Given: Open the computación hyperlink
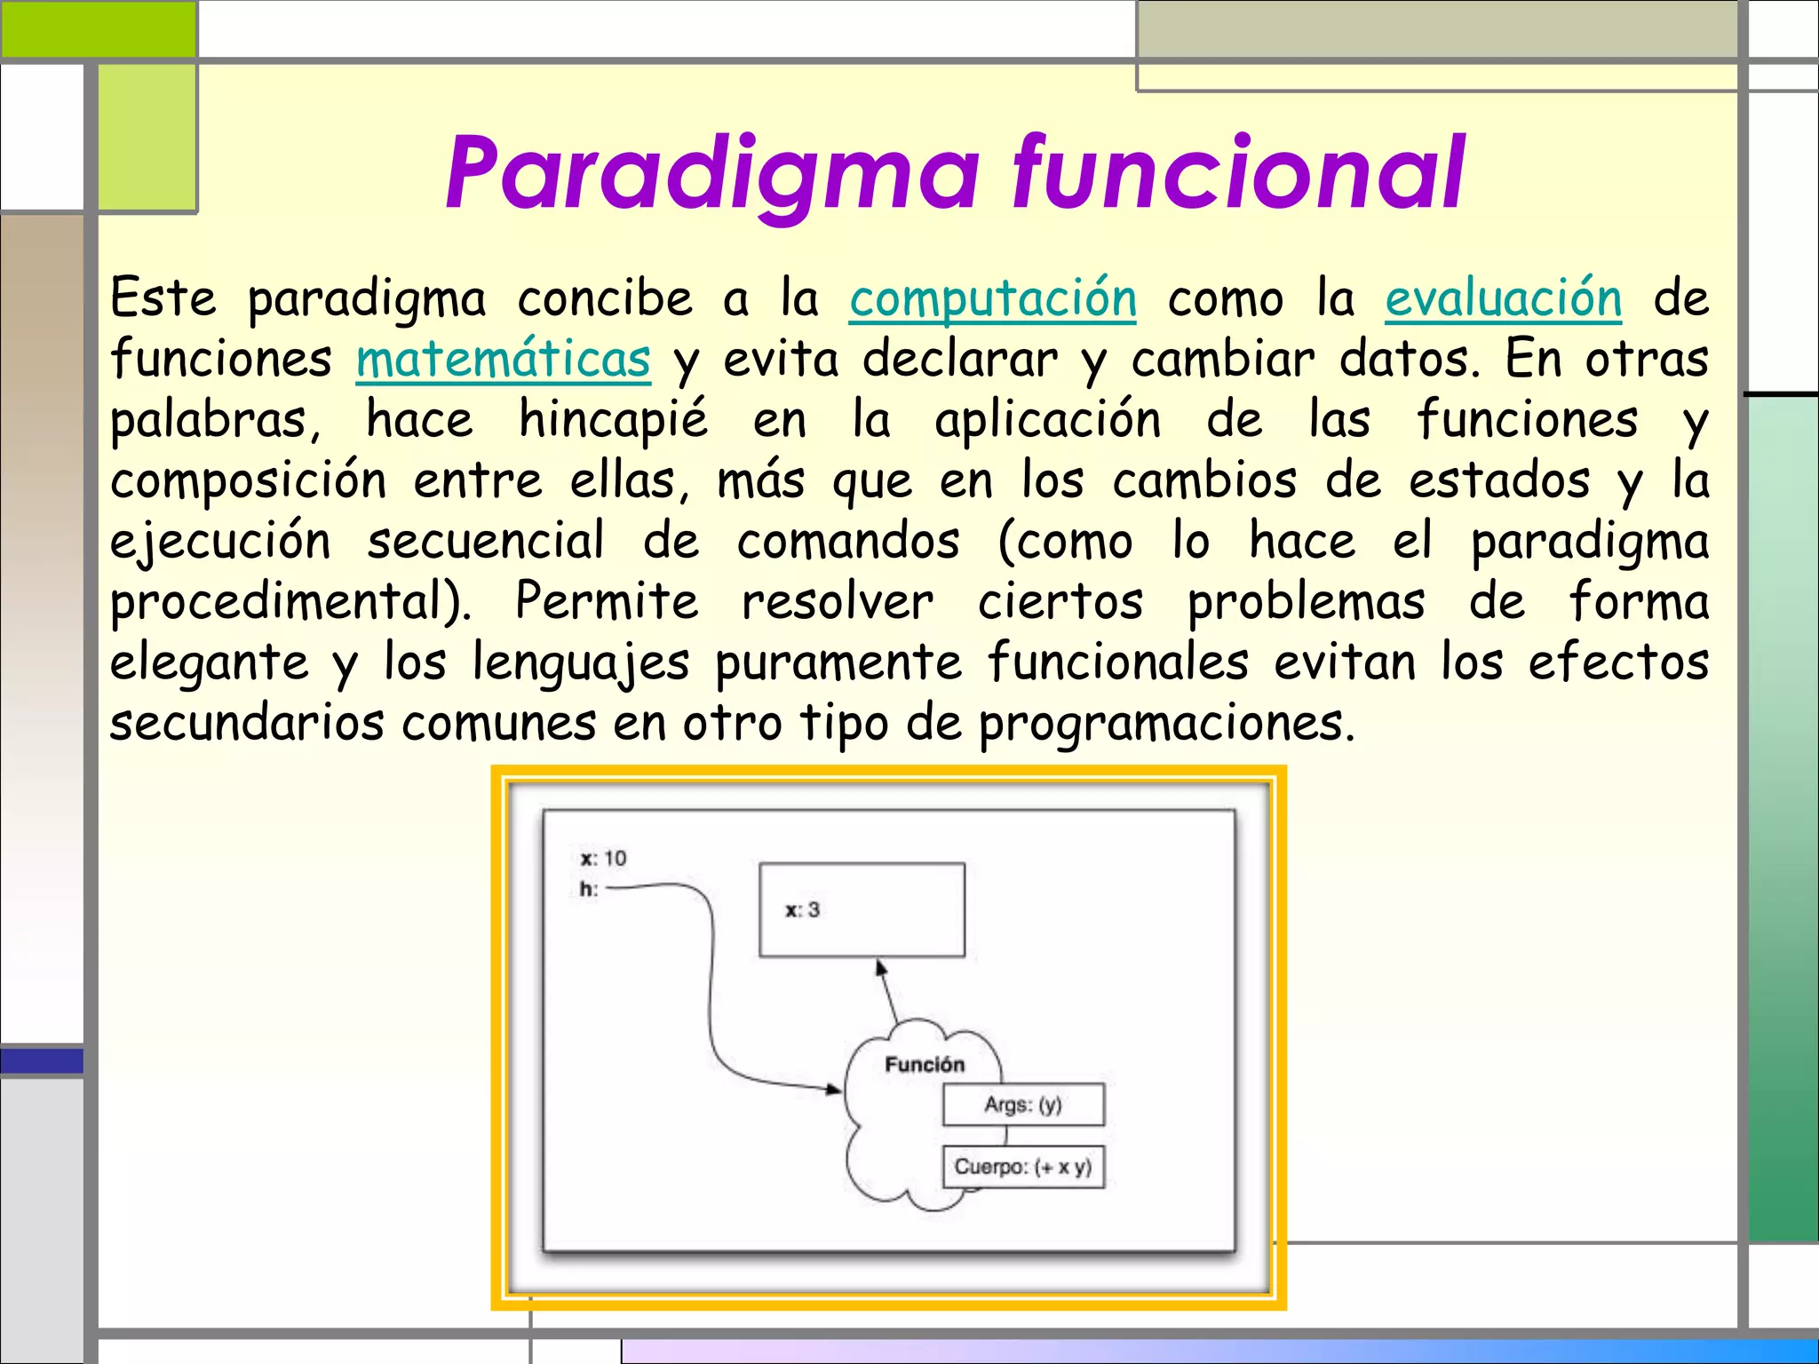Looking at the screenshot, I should coord(992,299).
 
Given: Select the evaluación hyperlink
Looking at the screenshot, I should coord(1503,299).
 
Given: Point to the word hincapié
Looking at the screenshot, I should coord(613,421).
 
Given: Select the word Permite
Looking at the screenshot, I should coord(607,602).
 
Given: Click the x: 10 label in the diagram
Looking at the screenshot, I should coord(603,859).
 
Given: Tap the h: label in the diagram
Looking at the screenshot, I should coord(589,889).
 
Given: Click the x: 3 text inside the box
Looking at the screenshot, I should coord(802,910).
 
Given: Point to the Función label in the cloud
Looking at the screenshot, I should coord(924,1065).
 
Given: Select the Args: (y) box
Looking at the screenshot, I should coord(1023,1105).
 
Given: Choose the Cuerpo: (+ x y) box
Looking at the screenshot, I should coord(1023,1167).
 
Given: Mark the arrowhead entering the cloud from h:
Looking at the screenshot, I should coord(834,1089).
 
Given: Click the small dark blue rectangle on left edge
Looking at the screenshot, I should coord(41,1060).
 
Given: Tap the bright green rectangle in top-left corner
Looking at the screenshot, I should coord(98,28).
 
